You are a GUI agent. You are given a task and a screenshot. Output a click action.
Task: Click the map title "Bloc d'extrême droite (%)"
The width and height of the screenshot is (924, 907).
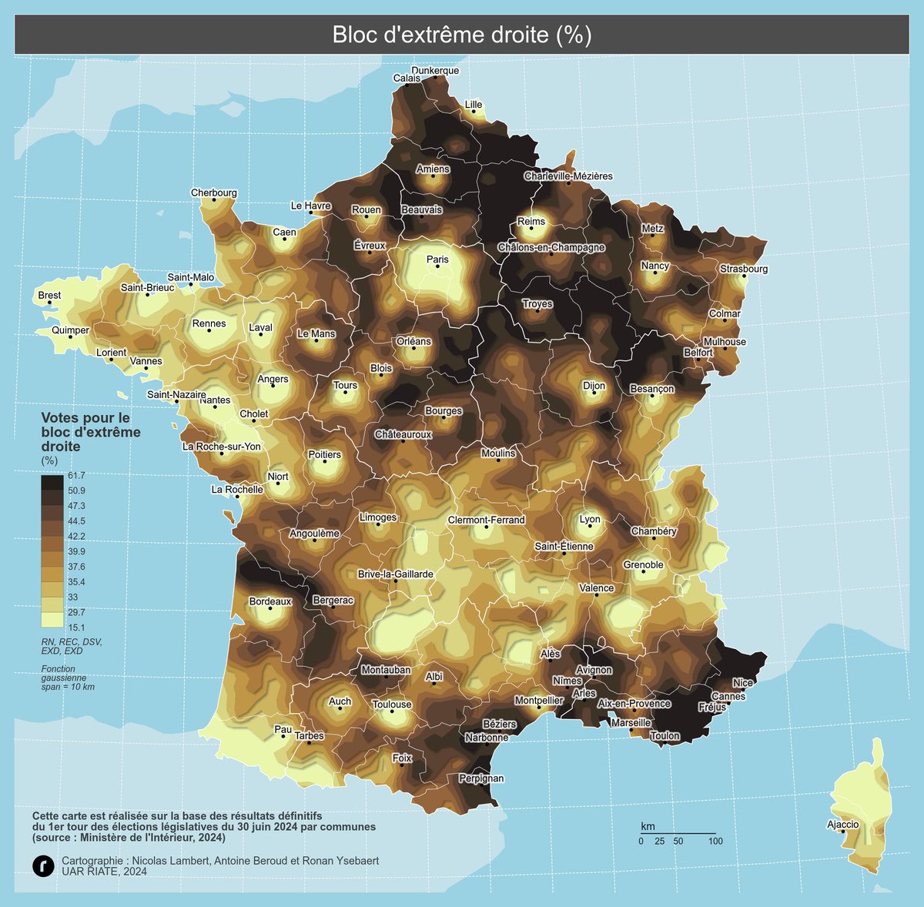click(461, 35)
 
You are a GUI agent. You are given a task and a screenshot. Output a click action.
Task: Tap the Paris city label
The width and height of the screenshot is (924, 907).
click(437, 259)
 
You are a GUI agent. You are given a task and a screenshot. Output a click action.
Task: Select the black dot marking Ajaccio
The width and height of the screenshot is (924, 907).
click(843, 832)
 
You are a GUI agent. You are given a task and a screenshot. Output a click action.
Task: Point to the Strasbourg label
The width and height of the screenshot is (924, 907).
click(744, 269)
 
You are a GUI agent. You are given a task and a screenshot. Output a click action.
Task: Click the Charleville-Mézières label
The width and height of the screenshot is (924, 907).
click(568, 176)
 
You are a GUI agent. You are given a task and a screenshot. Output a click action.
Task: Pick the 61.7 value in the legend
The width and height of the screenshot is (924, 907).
click(76, 475)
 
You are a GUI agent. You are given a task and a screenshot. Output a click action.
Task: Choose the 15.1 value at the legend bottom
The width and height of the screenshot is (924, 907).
click(76, 628)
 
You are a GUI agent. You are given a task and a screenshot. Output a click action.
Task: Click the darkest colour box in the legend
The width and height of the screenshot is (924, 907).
click(52, 483)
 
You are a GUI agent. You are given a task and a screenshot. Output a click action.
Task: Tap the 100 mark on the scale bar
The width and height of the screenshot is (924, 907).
click(715, 842)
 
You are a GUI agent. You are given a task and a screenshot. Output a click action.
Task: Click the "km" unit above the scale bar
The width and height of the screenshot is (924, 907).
click(648, 826)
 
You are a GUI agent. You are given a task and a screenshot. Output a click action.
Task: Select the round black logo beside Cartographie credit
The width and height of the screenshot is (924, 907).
click(43, 865)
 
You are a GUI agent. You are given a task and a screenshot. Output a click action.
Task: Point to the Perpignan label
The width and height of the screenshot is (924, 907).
click(481, 778)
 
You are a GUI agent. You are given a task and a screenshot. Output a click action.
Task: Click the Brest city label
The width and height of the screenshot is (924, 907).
click(49, 295)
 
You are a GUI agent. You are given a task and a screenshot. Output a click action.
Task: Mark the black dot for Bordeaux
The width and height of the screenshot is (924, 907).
click(269, 608)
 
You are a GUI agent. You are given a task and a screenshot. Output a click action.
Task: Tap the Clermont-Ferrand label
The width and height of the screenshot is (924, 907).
click(486, 520)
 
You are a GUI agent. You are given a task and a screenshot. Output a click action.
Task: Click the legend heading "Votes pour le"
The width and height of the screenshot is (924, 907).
click(85, 417)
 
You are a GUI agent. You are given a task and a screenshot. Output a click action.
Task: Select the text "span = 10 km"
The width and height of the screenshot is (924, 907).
click(68, 687)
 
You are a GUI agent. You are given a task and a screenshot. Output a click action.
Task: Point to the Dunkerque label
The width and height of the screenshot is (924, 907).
click(435, 70)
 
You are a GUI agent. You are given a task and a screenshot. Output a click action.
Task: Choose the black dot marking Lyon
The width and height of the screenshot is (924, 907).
click(590, 529)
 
